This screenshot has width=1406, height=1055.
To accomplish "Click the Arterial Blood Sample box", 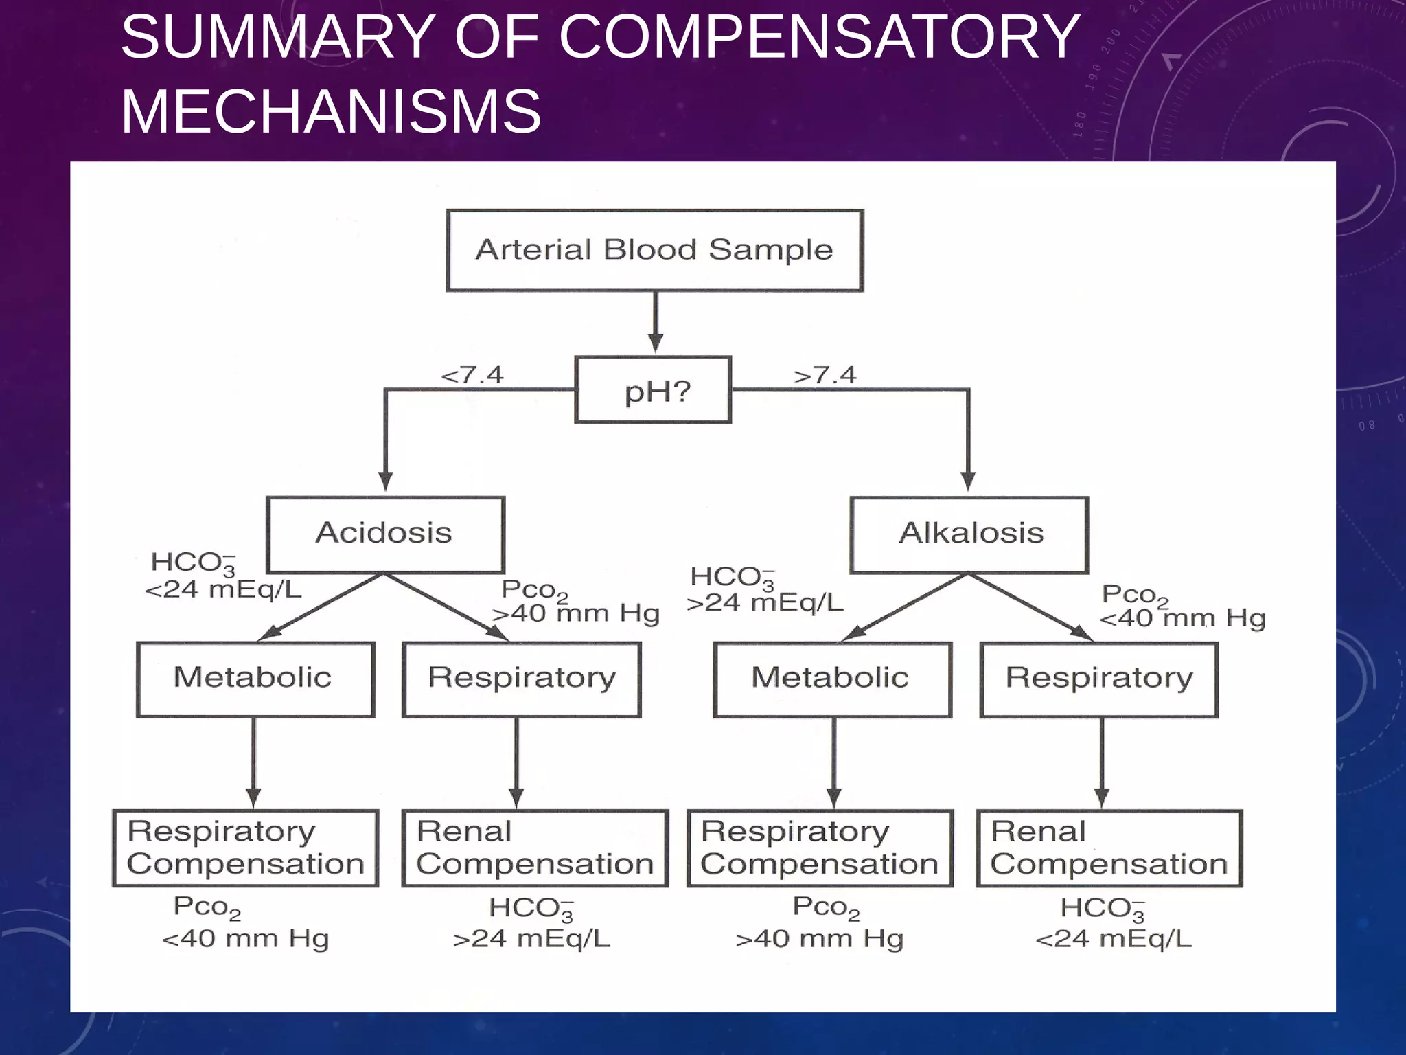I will click(x=654, y=251).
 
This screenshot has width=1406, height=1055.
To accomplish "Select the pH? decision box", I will click(x=653, y=390).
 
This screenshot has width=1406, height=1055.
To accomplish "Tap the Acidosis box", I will click(x=385, y=534).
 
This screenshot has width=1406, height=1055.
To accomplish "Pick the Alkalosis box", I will click(x=969, y=534).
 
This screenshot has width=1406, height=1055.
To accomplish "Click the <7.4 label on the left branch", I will click(x=472, y=376).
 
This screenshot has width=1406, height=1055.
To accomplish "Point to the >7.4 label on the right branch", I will click(x=825, y=376).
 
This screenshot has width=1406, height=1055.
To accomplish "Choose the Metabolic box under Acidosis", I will click(x=255, y=679).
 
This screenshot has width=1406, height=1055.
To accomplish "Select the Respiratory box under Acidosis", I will click(x=522, y=679).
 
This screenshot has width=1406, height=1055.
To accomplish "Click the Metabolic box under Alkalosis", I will click(x=832, y=679).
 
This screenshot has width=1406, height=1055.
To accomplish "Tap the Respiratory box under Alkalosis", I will click(x=1098, y=679).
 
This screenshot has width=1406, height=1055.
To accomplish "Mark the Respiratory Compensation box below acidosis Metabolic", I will click(x=246, y=848).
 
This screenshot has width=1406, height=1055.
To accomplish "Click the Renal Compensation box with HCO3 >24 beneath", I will click(x=535, y=848).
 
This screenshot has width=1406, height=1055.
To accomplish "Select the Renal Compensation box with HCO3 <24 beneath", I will click(x=1109, y=848).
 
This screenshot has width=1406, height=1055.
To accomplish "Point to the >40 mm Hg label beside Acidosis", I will click(x=575, y=613).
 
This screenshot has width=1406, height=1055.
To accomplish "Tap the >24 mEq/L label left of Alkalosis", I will click(x=765, y=603).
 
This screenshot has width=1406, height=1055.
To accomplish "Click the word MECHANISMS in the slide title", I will click(x=331, y=111).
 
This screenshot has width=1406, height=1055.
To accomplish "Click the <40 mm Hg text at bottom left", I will click(x=245, y=939).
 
